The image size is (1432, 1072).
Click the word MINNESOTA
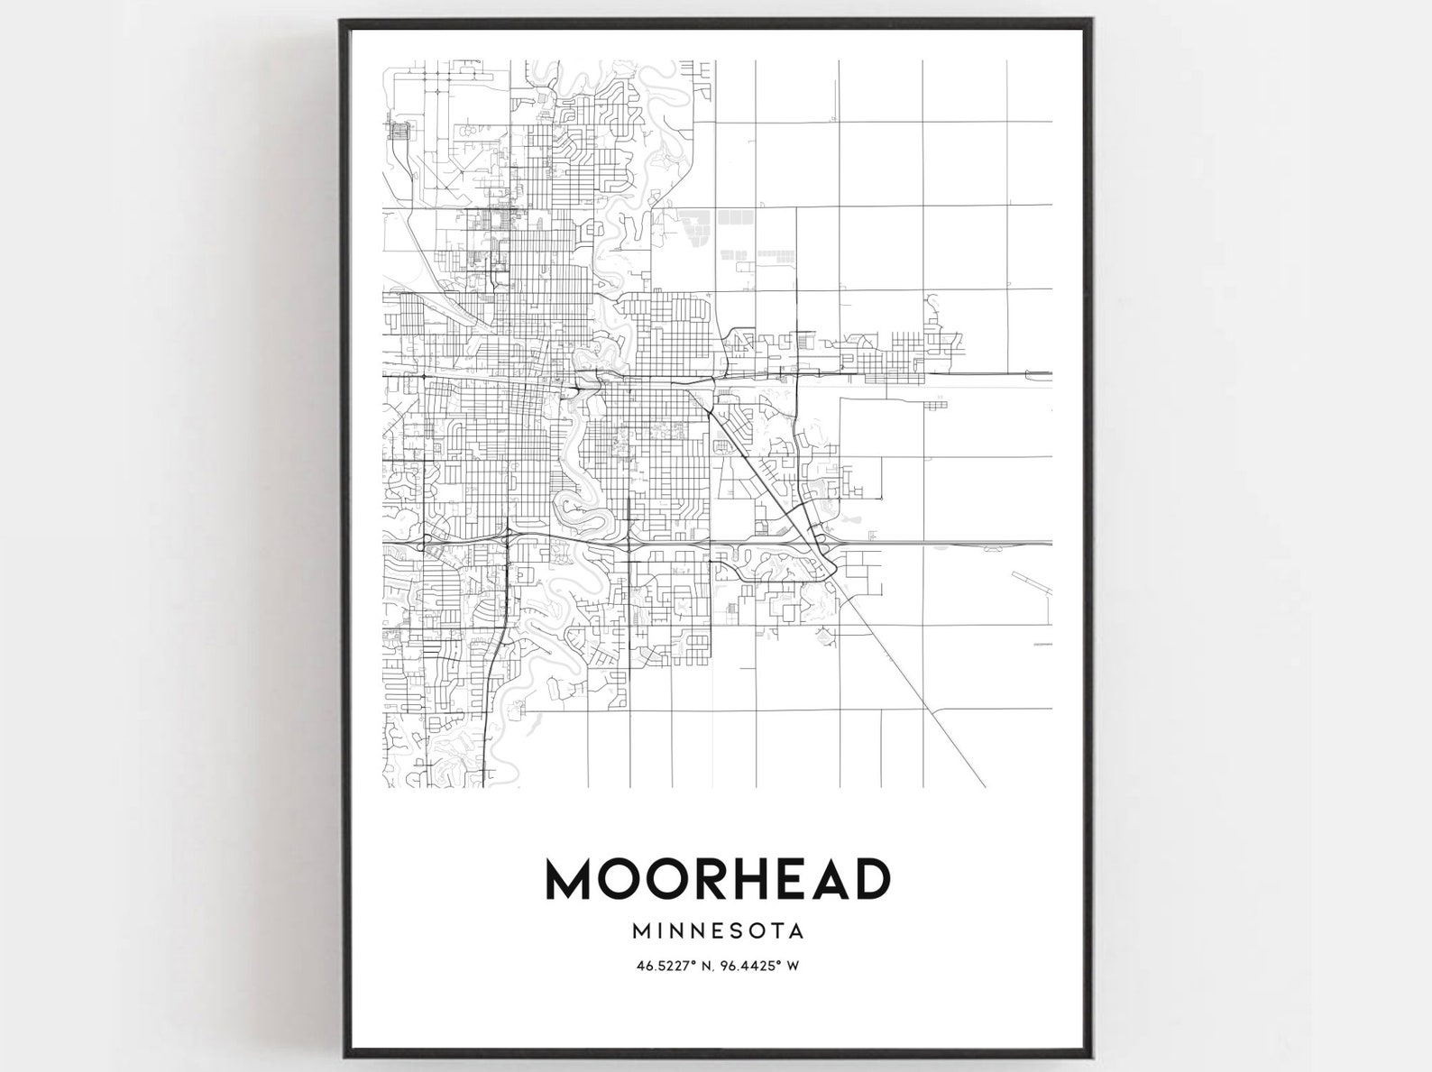click(718, 928)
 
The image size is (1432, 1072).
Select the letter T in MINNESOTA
click(780, 928)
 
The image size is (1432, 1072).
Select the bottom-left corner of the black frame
click(342, 1054)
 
